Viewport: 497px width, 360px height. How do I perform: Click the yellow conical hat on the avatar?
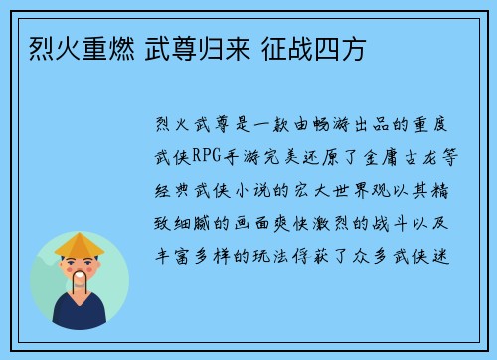(80, 243)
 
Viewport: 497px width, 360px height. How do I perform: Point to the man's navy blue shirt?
(80, 315)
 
